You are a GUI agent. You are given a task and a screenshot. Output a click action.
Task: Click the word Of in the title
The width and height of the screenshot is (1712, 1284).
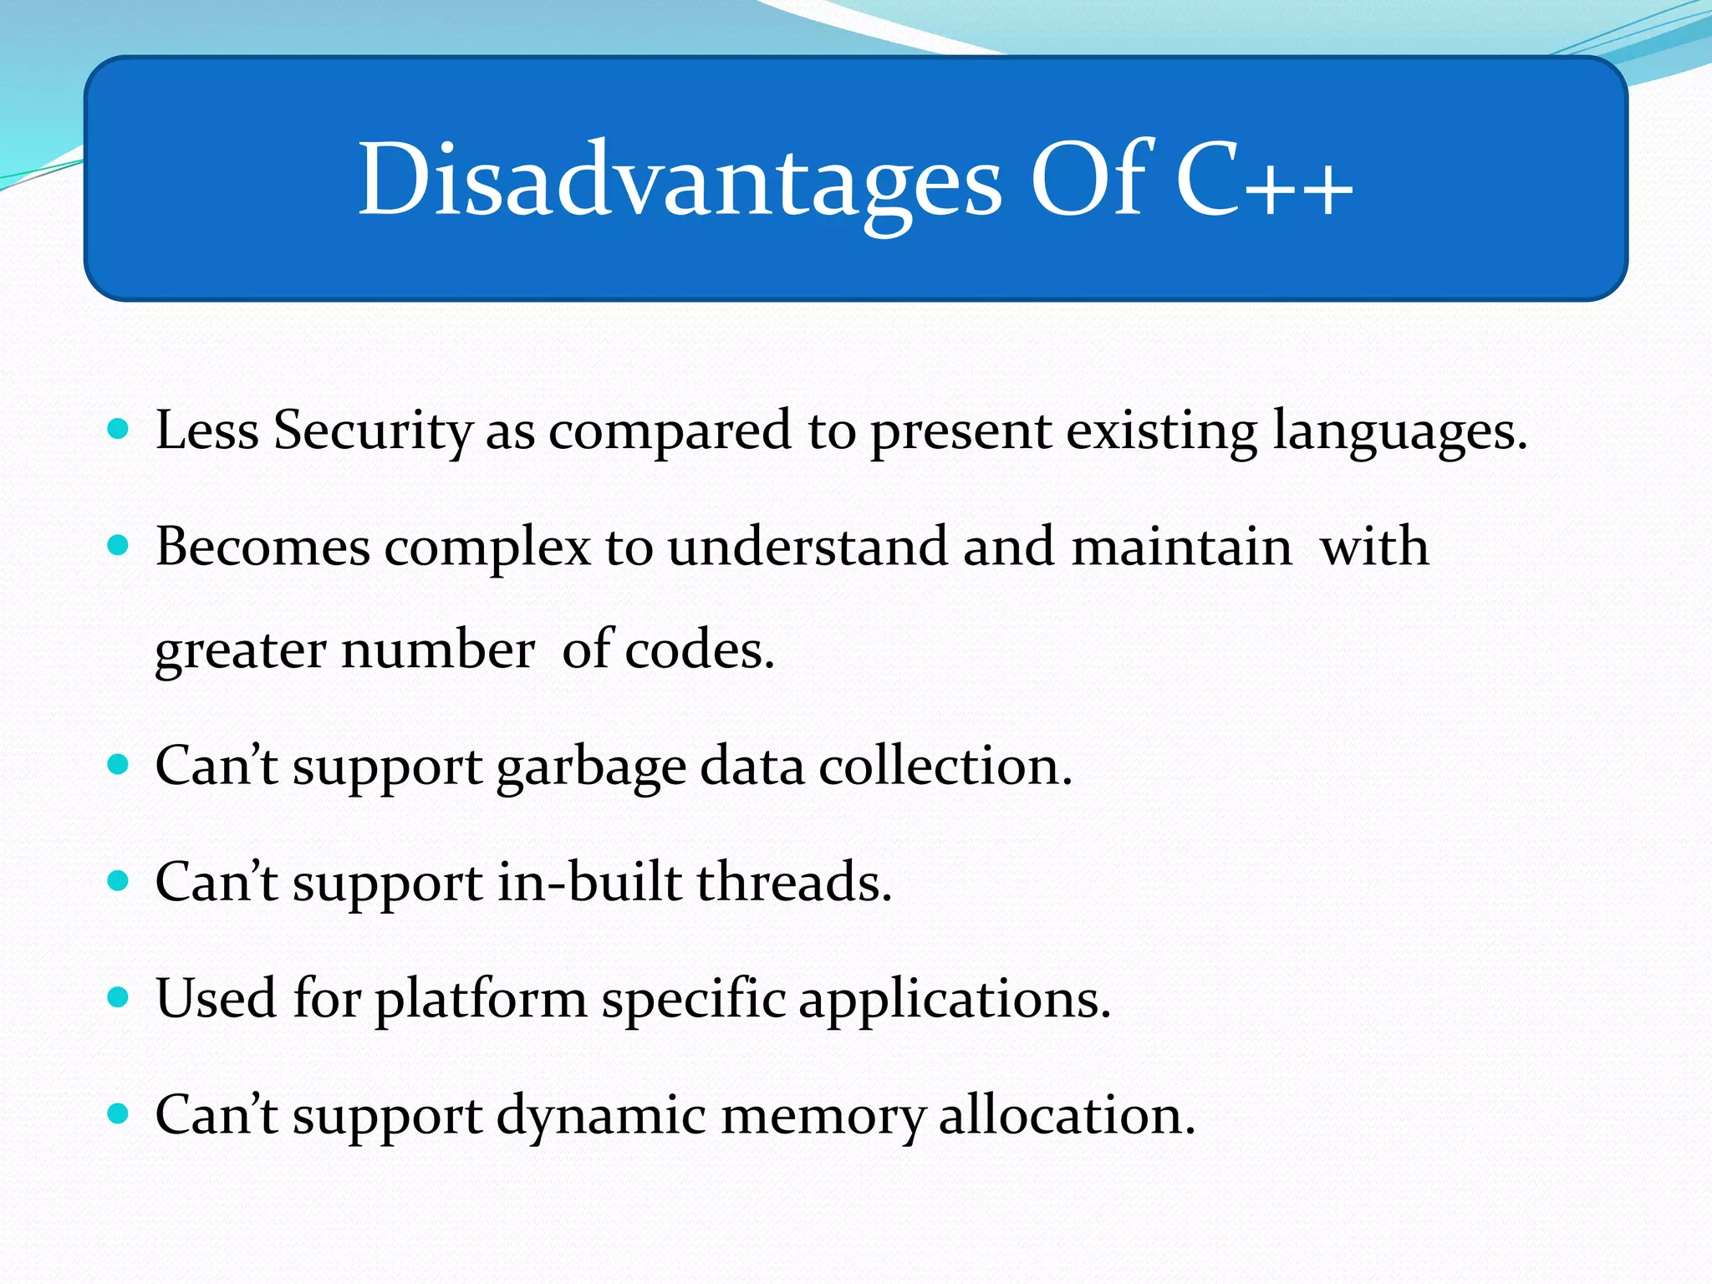(x=1093, y=180)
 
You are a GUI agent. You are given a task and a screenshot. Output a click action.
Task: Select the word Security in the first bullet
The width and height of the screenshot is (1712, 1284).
(x=373, y=432)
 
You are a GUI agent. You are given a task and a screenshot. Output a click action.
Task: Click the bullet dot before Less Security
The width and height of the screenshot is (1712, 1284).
(x=119, y=430)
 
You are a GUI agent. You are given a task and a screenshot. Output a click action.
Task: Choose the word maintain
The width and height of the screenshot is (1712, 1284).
(x=1181, y=548)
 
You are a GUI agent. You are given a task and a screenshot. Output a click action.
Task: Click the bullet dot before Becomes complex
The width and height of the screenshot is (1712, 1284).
(x=119, y=546)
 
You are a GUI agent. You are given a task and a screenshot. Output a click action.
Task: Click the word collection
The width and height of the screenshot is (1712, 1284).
(x=945, y=766)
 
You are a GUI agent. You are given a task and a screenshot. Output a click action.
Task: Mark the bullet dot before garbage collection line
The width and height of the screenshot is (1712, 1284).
(x=119, y=764)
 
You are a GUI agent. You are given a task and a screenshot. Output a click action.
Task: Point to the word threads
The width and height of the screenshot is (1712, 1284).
(x=794, y=882)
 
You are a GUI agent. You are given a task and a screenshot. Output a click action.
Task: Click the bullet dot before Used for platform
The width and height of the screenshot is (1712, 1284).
(x=119, y=996)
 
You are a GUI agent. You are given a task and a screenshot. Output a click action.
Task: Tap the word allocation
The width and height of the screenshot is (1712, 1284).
(x=1067, y=1115)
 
